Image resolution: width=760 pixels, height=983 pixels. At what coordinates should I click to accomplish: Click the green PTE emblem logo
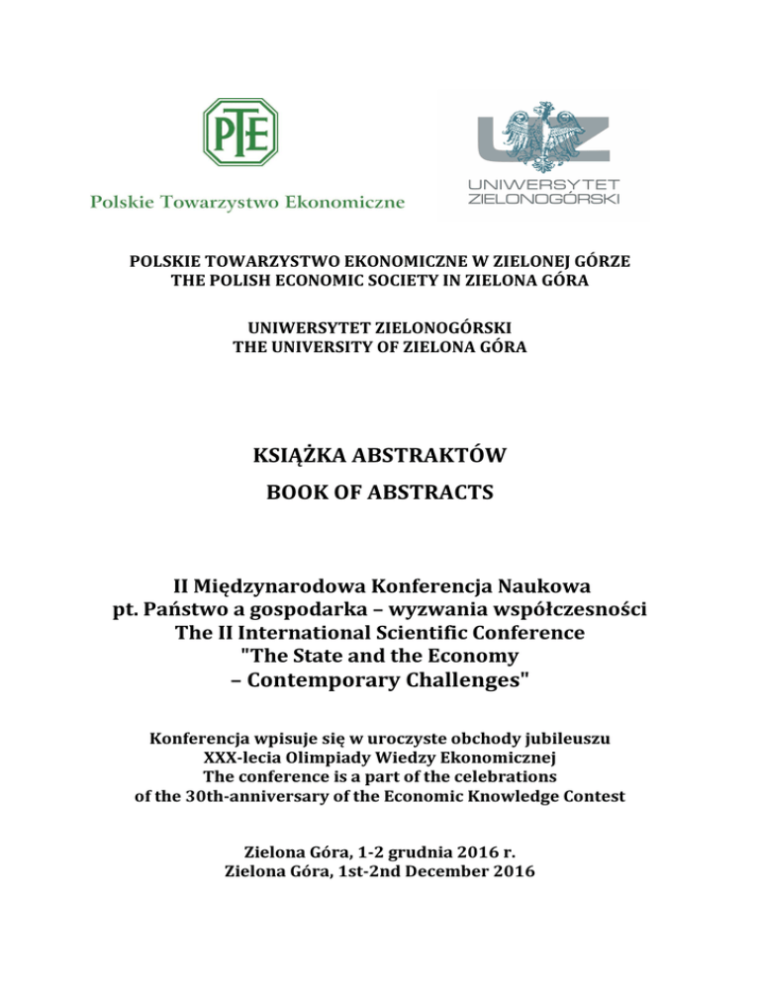[x=240, y=131]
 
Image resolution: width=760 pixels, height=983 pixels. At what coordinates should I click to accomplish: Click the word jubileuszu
[x=565, y=739]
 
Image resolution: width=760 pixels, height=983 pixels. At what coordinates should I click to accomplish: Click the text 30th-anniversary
[x=240, y=796]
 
